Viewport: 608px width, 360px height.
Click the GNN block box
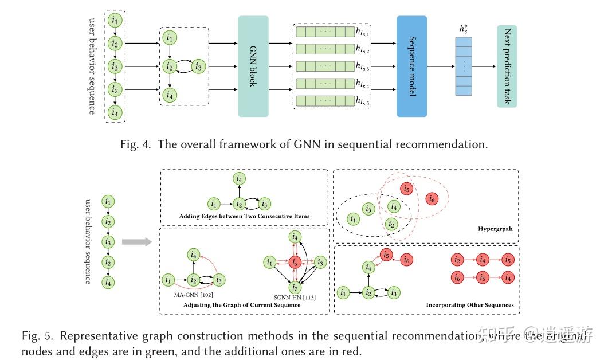(x=253, y=66)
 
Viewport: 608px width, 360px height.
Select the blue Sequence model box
(x=411, y=66)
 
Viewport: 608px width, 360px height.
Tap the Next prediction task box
(x=507, y=66)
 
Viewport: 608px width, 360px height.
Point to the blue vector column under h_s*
(x=464, y=66)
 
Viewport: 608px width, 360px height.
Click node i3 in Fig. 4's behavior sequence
(x=116, y=66)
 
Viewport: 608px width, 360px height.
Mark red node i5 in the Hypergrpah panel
(x=406, y=189)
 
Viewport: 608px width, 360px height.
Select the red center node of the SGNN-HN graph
(x=295, y=263)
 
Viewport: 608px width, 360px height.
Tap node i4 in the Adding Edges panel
(x=239, y=180)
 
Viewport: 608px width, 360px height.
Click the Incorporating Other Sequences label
(x=469, y=305)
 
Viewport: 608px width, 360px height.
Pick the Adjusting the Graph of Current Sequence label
(x=241, y=305)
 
